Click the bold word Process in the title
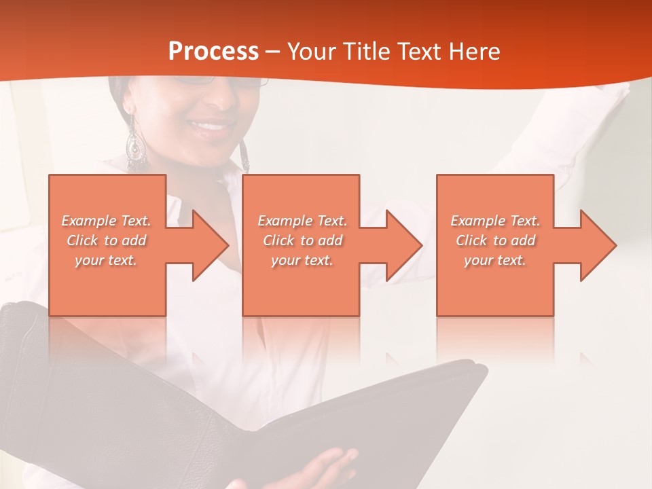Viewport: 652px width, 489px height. coord(213,51)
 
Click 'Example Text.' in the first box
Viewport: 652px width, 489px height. coord(106,221)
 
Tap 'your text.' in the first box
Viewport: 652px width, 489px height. coord(106,260)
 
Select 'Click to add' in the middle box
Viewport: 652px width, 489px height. coord(302,240)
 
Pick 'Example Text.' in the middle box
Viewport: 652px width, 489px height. coord(302,221)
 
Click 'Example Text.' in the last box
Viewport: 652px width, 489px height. coord(495,221)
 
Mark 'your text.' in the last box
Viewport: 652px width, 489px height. coord(495,260)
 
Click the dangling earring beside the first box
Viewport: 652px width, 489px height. coord(135,144)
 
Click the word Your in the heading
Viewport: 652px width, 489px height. coord(310,51)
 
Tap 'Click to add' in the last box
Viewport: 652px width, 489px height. coord(495,240)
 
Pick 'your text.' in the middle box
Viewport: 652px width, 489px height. coord(302,260)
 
